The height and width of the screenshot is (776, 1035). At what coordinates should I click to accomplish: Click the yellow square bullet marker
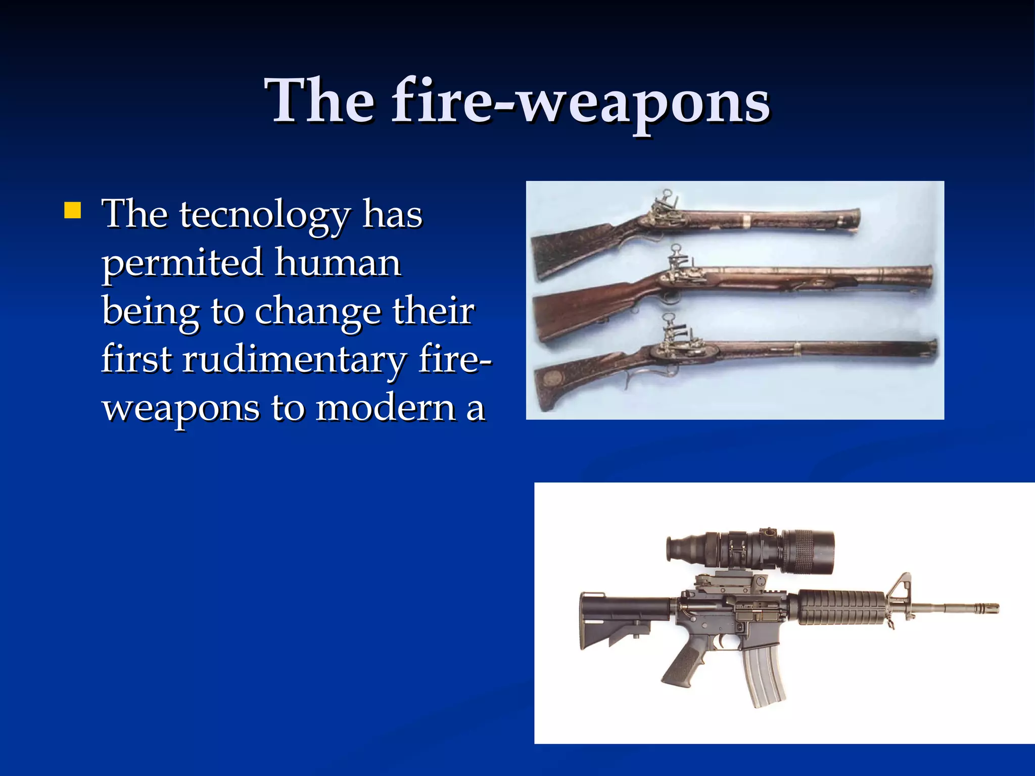click(x=73, y=210)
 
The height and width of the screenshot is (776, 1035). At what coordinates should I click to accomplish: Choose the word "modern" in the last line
click(x=386, y=408)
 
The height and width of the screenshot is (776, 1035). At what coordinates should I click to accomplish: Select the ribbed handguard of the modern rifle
click(x=841, y=607)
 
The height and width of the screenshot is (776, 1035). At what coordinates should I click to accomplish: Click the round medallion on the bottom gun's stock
click(x=556, y=376)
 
